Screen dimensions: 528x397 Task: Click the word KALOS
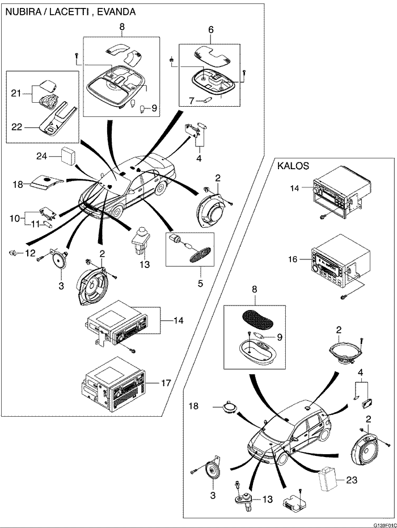click(x=293, y=167)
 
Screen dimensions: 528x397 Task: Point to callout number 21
click(x=16, y=92)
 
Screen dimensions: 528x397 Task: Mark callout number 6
click(x=211, y=29)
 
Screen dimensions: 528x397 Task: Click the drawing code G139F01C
click(x=385, y=525)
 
